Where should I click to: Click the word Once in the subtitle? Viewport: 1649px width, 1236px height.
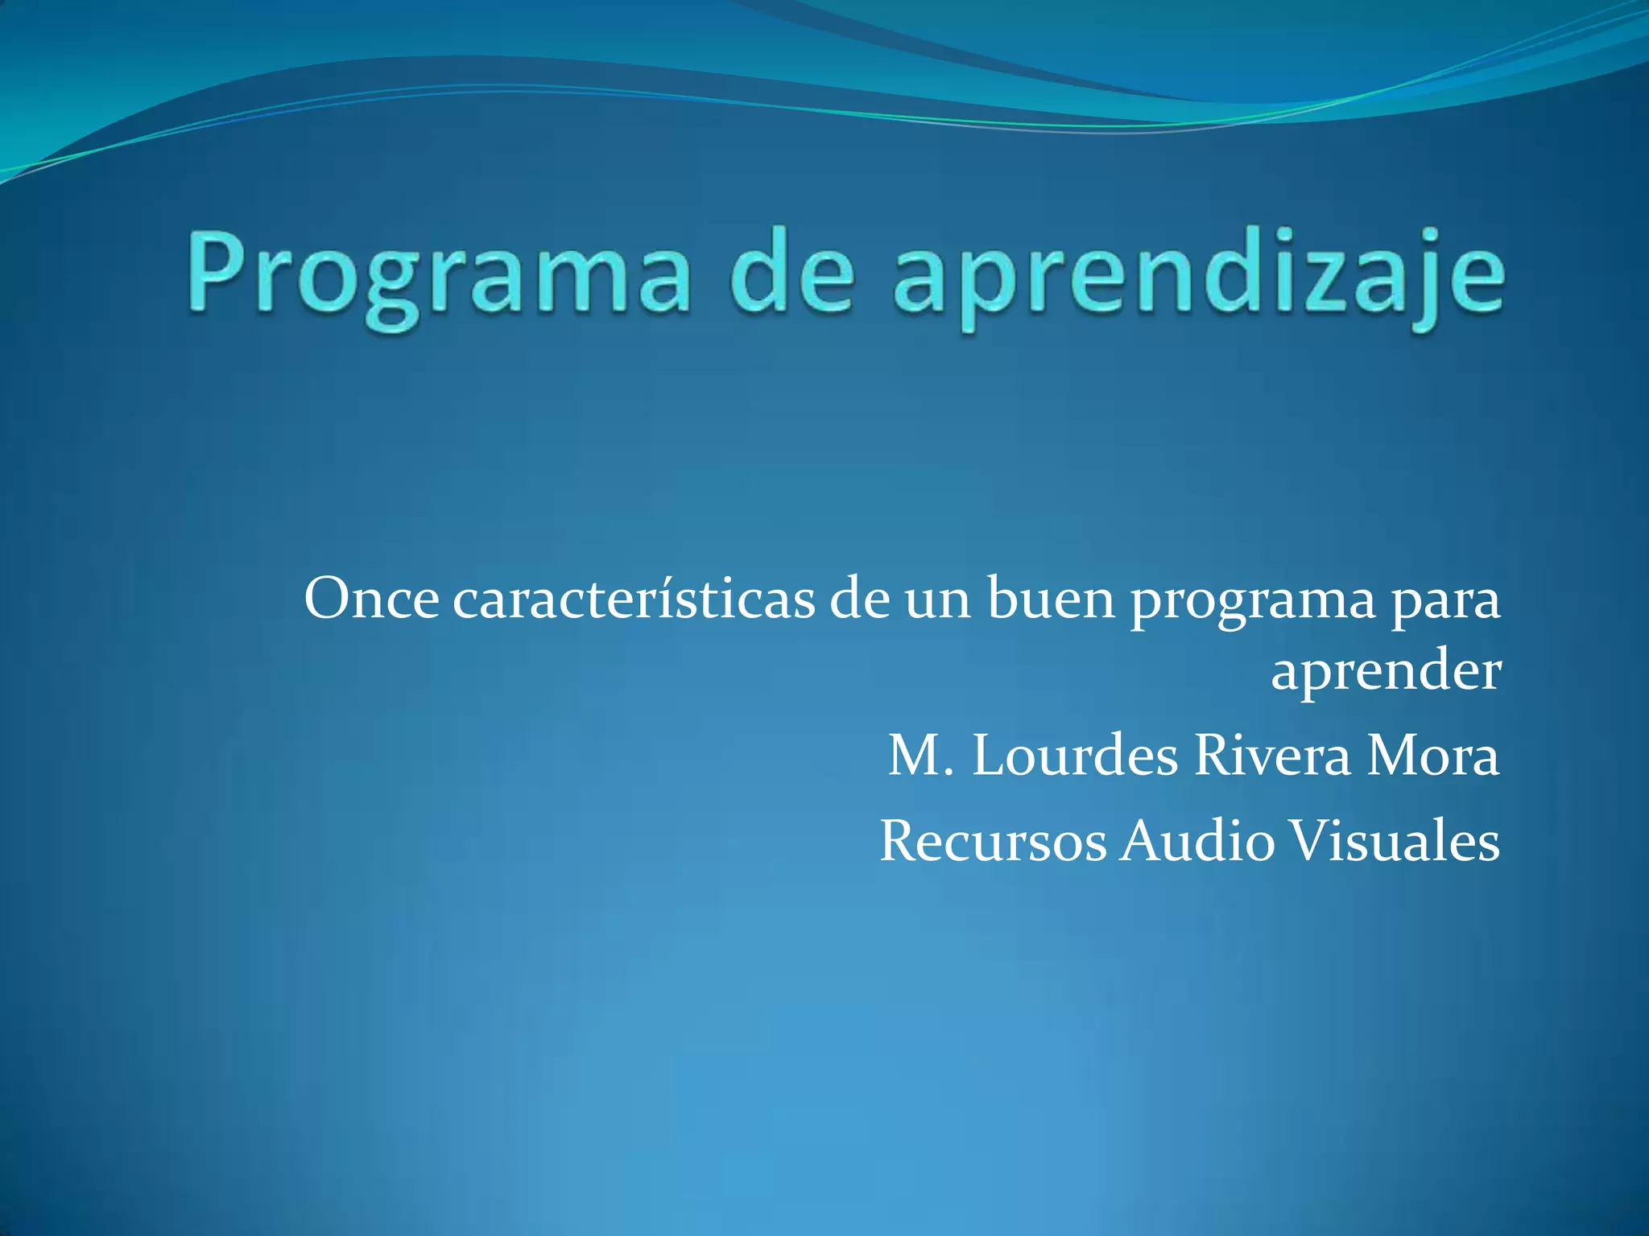pos(372,599)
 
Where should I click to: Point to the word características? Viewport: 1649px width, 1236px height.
pos(634,599)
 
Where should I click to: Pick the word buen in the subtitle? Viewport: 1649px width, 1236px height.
pos(1052,599)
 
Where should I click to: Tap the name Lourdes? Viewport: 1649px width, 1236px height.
pos(1076,756)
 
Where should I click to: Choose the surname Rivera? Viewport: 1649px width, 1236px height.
pos(1272,756)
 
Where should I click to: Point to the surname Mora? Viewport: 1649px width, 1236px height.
pos(1433,756)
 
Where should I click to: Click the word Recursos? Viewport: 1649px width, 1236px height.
pos(993,842)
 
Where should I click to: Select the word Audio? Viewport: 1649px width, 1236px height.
pos(1198,842)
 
